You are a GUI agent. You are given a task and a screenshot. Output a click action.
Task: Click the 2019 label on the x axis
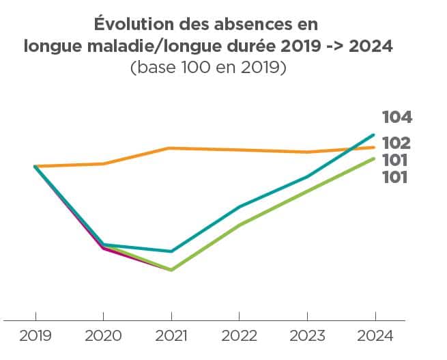click(x=35, y=337)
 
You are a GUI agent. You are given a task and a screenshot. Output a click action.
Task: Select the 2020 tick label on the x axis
click(x=103, y=337)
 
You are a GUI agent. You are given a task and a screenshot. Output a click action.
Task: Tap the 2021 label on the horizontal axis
click(x=171, y=337)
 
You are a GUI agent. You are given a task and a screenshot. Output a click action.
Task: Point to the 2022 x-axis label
click(x=239, y=337)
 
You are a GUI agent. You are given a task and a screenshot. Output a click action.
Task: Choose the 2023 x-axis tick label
click(x=306, y=337)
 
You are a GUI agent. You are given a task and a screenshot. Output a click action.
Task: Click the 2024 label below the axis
click(x=375, y=337)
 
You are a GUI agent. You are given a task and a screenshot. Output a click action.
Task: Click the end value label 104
click(x=396, y=117)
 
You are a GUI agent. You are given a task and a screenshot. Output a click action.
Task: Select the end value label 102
click(x=396, y=143)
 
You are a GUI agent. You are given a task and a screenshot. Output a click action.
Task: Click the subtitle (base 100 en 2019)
click(x=207, y=68)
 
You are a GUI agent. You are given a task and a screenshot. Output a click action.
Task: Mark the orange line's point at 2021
click(x=171, y=148)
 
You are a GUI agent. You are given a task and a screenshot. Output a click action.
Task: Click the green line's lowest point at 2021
click(x=171, y=270)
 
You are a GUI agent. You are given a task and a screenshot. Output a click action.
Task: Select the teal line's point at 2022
click(x=239, y=206)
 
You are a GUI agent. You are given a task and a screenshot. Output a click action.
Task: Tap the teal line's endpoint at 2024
click(x=374, y=135)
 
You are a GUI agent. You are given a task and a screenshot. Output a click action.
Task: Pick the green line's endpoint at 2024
click(x=374, y=158)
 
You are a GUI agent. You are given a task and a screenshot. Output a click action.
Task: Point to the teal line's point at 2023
click(x=306, y=177)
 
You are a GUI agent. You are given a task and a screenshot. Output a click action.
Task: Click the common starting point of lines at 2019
click(x=35, y=166)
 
